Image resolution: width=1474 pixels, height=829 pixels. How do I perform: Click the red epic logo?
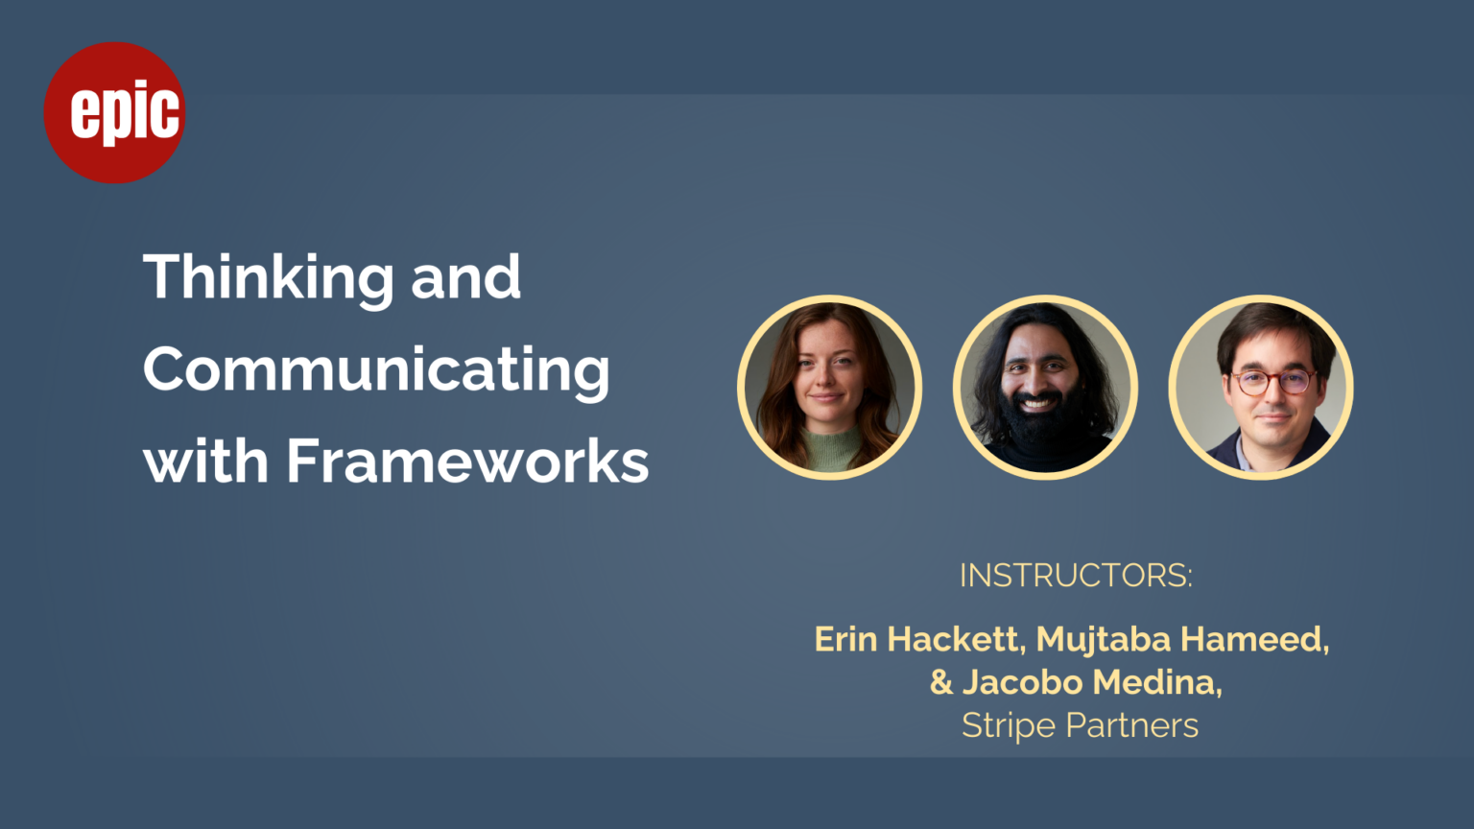tap(114, 112)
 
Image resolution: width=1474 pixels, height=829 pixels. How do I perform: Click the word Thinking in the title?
tap(269, 279)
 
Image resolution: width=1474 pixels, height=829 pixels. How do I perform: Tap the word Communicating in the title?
tap(376, 369)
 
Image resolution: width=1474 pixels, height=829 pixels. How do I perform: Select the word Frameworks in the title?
tap(468, 461)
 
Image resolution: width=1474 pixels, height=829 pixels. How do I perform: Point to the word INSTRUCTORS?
tap(1076, 576)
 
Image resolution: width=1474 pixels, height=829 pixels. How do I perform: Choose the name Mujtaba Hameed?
tap(1182, 640)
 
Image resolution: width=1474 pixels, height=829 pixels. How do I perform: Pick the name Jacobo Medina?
tap(1092, 682)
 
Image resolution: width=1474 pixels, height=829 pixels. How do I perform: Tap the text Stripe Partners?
tap(1080, 725)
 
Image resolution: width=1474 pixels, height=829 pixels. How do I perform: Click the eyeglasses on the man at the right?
tap(1274, 382)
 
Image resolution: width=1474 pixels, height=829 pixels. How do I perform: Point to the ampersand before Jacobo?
tap(941, 682)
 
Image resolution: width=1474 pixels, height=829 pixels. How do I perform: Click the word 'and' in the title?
tap(465, 279)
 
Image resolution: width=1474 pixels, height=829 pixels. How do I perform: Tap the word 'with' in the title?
tap(206, 461)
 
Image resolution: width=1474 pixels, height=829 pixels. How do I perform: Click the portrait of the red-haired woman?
tap(829, 387)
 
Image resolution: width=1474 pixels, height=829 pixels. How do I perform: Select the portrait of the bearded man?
tap(1045, 387)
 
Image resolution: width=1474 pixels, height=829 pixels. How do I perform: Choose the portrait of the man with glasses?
tap(1261, 387)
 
